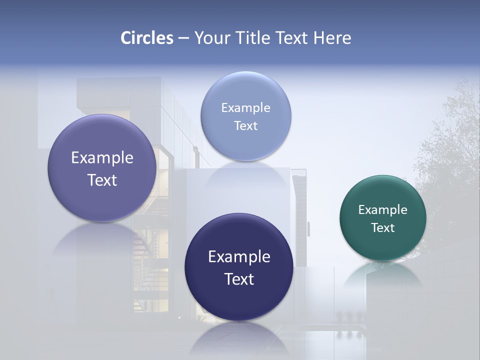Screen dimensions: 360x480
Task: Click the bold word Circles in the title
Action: point(146,38)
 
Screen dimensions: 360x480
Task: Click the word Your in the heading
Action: point(211,38)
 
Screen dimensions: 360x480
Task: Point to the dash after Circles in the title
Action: point(183,38)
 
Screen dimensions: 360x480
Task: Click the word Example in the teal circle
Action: point(383,210)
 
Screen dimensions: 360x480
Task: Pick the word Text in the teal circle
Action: point(383,228)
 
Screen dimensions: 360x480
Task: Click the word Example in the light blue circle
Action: point(245,108)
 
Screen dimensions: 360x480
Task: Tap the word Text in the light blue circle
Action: point(245,126)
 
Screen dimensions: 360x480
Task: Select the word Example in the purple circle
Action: point(102,158)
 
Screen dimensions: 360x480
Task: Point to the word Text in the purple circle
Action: point(102,180)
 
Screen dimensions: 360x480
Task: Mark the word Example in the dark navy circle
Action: point(239,257)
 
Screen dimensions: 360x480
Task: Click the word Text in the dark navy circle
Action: point(239,279)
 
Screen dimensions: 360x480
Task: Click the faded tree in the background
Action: point(450,150)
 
